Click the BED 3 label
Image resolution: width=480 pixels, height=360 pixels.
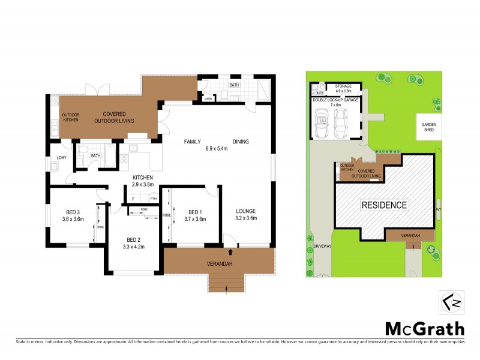[x=74, y=211]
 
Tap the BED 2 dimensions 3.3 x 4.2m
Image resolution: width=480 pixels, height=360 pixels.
[x=134, y=246]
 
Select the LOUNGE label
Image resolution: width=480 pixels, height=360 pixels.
[x=246, y=211]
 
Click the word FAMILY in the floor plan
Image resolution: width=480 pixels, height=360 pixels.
[x=193, y=142]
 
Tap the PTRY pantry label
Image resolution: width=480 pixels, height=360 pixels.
[x=154, y=198]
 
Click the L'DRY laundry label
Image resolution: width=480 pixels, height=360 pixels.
[x=61, y=158]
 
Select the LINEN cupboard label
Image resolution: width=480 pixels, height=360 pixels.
[x=208, y=98]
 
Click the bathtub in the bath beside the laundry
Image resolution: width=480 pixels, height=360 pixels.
[x=110, y=155]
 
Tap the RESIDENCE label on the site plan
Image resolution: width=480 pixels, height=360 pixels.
[x=384, y=205]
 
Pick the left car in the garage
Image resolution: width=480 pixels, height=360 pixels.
[x=322, y=122]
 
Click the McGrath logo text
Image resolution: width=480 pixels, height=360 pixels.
[x=424, y=328]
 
